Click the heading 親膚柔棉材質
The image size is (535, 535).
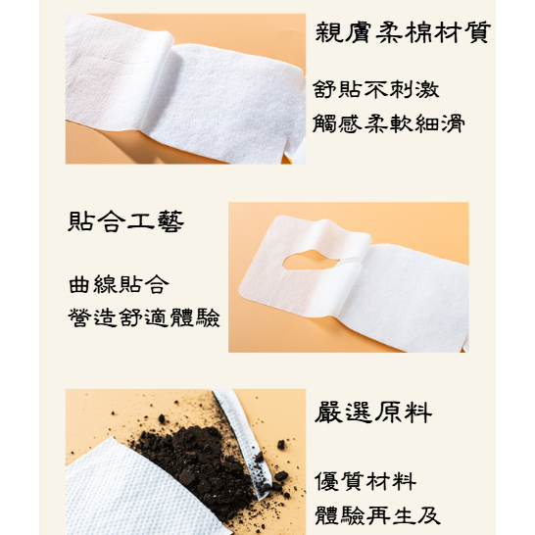click(x=402, y=32)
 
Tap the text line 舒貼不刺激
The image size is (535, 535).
click(x=376, y=90)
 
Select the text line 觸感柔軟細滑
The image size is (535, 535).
click(x=389, y=123)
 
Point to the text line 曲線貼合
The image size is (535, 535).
click(x=119, y=285)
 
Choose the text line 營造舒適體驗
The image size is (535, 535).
click(x=144, y=318)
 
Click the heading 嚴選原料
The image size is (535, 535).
click(x=373, y=413)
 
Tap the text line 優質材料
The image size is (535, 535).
click(x=365, y=481)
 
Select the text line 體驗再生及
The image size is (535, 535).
click(x=377, y=515)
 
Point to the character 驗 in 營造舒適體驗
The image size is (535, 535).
click(x=208, y=318)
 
